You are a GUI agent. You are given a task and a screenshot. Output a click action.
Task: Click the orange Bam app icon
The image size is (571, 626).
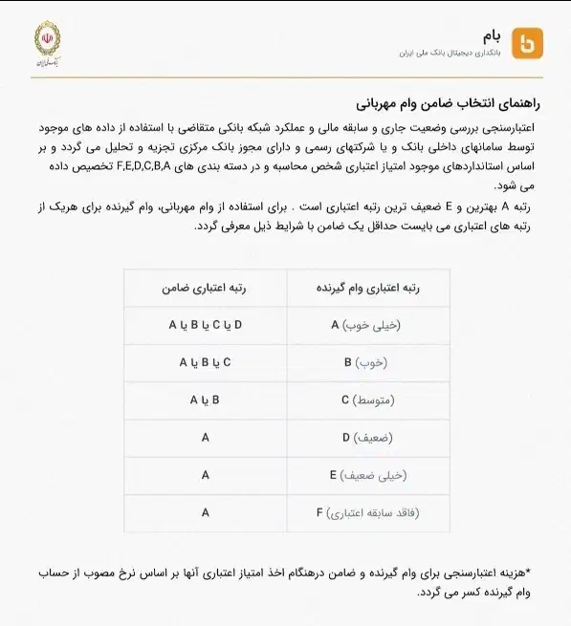pos(527,43)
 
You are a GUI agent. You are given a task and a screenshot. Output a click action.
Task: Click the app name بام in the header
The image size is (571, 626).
pos(491,34)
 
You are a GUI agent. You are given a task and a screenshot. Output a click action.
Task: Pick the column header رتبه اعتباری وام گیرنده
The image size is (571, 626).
pos(368,287)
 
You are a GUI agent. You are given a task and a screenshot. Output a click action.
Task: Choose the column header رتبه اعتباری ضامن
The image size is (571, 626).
pos(206,287)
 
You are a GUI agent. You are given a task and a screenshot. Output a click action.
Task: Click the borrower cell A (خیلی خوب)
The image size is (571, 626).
pos(366,325)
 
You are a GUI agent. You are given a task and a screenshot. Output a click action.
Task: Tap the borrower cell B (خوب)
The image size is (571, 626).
pos(366,363)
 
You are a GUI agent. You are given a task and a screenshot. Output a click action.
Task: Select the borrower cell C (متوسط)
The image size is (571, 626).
pos(366,400)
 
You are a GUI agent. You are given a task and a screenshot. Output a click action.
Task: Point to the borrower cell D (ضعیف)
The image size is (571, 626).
pos(366,438)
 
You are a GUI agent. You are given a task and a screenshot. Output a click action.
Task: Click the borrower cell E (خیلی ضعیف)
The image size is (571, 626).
pos(366,475)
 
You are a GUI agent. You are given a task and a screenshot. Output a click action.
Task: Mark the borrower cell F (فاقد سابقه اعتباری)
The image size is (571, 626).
pos(366,513)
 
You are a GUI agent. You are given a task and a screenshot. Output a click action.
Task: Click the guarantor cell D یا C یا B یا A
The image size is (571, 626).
pos(206,325)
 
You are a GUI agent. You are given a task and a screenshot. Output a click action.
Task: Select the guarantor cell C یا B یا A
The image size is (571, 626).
pos(206,363)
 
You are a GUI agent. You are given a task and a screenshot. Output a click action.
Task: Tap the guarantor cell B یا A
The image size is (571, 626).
pos(206,400)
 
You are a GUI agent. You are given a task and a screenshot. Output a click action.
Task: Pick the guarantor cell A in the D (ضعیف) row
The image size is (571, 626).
pos(206,438)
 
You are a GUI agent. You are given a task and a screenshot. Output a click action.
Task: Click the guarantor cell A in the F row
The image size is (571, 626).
pos(206,513)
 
